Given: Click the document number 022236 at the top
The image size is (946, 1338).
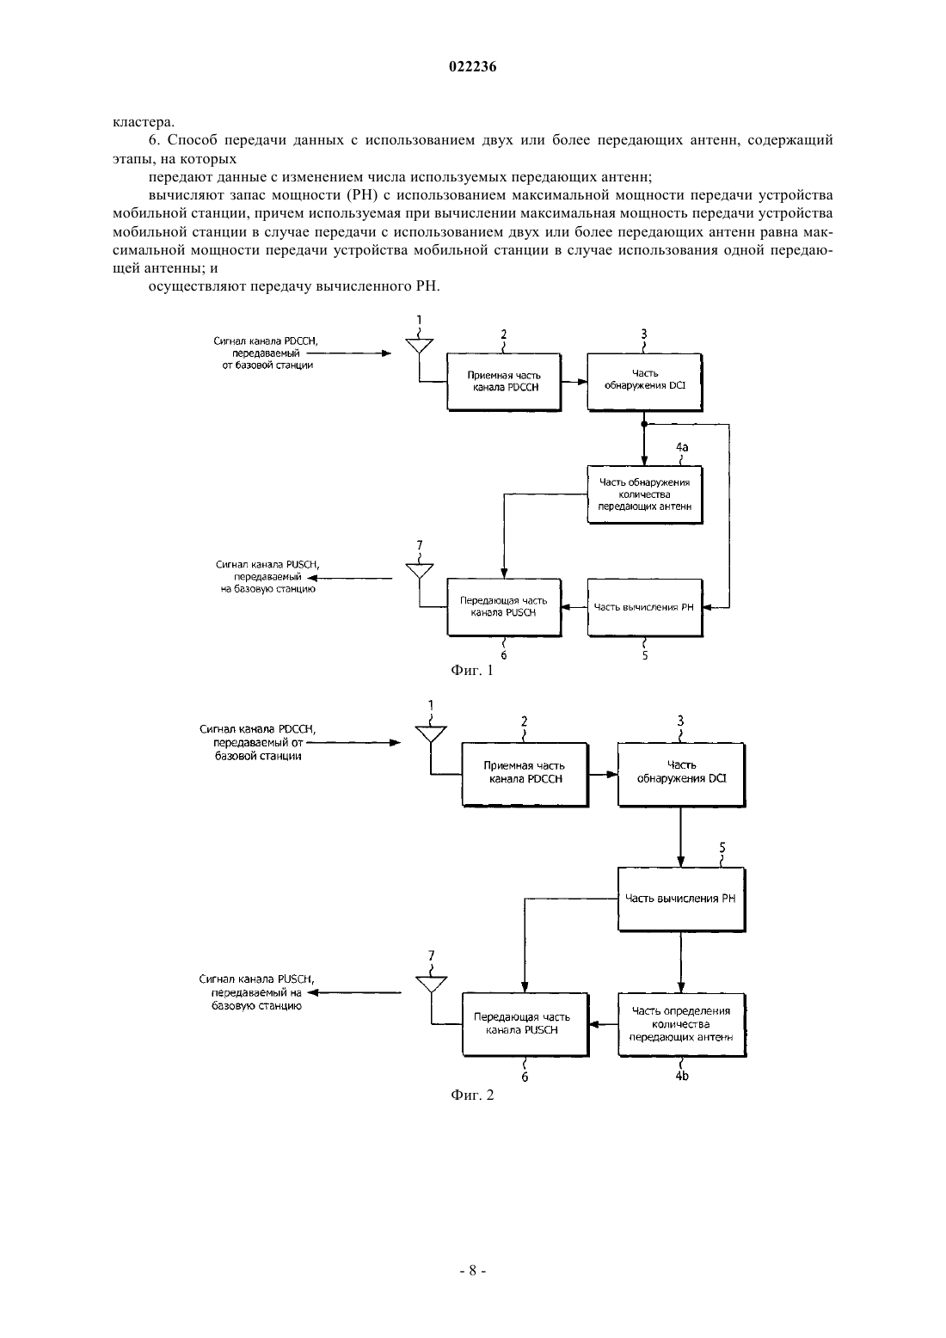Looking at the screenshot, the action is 472,67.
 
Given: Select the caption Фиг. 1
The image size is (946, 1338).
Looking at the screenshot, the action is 472,670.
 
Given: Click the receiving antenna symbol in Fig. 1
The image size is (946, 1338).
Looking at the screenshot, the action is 419,347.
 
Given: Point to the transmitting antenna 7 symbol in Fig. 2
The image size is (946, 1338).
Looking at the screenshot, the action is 431,984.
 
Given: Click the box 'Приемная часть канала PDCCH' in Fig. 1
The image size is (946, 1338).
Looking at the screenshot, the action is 504,382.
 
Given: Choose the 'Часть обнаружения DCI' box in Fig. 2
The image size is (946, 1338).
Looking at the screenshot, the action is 681,775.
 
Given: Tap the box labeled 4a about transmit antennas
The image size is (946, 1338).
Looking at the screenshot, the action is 644,494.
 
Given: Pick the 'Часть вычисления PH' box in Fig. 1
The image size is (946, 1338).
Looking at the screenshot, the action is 644,607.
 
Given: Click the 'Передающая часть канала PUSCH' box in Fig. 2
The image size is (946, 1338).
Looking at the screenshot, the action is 525,1024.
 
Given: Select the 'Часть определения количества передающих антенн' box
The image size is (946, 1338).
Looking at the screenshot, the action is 681,1024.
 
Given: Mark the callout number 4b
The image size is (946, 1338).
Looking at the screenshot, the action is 681,1076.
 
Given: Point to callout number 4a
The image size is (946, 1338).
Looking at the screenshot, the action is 682,447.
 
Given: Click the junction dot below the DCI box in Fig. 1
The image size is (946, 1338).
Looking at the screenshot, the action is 644,424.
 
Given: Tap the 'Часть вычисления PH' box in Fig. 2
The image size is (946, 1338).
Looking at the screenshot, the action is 681,899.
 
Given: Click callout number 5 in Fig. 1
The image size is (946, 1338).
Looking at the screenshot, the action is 645,655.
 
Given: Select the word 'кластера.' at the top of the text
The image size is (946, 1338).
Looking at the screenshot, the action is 144,122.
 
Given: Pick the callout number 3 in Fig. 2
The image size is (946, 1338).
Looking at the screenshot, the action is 680,721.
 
